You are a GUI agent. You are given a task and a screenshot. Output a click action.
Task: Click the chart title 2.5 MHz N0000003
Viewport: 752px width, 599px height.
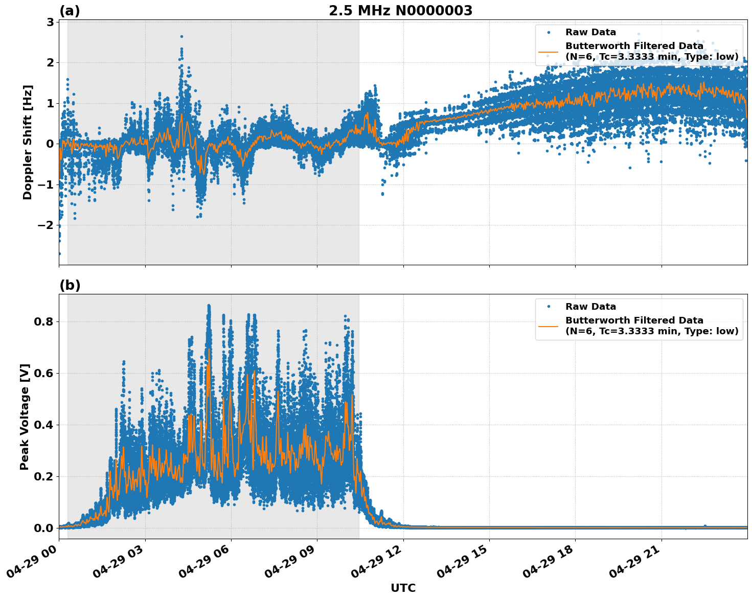(400, 11)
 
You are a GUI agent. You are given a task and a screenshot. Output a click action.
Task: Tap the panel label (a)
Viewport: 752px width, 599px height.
(70, 11)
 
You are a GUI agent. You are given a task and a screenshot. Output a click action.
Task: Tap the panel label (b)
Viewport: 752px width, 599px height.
(70, 285)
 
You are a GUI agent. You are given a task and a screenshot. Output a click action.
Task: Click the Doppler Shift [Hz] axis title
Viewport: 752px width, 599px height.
(28, 142)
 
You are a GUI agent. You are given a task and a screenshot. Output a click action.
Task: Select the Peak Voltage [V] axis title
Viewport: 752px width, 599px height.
(25, 417)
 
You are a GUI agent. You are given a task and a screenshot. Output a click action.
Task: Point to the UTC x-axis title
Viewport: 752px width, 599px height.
(403, 588)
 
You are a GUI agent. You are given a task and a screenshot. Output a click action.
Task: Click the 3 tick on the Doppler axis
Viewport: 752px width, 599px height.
(50, 22)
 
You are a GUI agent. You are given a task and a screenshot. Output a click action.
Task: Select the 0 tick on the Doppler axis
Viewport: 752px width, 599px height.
(50, 144)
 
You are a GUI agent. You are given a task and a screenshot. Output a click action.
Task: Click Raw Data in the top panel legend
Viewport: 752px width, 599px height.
(590, 32)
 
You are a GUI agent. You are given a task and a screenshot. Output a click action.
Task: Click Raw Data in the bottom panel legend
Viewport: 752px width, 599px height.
(590, 307)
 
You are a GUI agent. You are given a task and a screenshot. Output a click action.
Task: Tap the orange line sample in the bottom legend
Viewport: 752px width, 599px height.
(548, 326)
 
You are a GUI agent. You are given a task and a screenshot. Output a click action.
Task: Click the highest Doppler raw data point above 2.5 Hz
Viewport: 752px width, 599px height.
(181, 36)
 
